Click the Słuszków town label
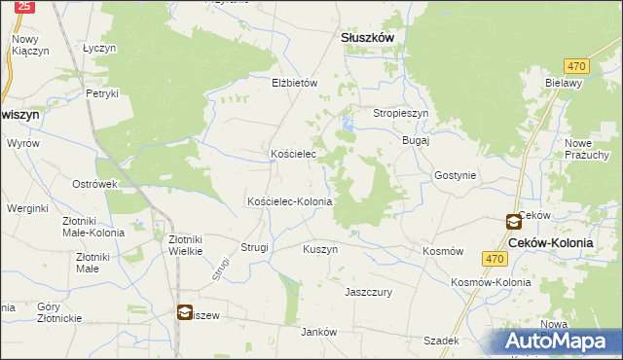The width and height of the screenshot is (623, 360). click(367, 37)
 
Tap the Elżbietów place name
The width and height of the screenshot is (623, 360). click(295, 84)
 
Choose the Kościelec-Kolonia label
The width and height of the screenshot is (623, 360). click(290, 201)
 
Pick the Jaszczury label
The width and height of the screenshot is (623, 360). click(368, 291)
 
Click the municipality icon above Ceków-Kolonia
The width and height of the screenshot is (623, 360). click(513, 222)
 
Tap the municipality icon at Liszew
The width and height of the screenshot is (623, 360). click(185, 312)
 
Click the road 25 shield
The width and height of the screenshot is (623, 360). click(25, 6)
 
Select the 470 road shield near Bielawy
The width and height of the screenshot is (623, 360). click(577, 65)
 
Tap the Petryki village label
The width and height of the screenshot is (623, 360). click(101, 93)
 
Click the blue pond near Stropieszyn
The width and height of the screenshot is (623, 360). click(348, 123)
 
